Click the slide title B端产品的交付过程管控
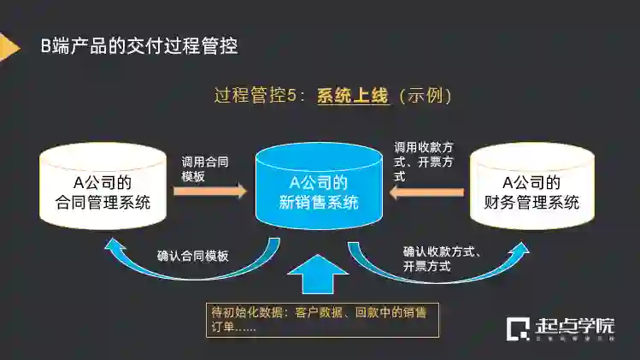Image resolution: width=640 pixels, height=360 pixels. click(x=139, y=46)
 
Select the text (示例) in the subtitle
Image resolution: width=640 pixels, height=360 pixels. click(x=420, y=95)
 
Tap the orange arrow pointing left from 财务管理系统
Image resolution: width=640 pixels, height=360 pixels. click(x=427, y=192)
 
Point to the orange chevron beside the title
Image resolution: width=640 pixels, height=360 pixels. click(x=9, y=46)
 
